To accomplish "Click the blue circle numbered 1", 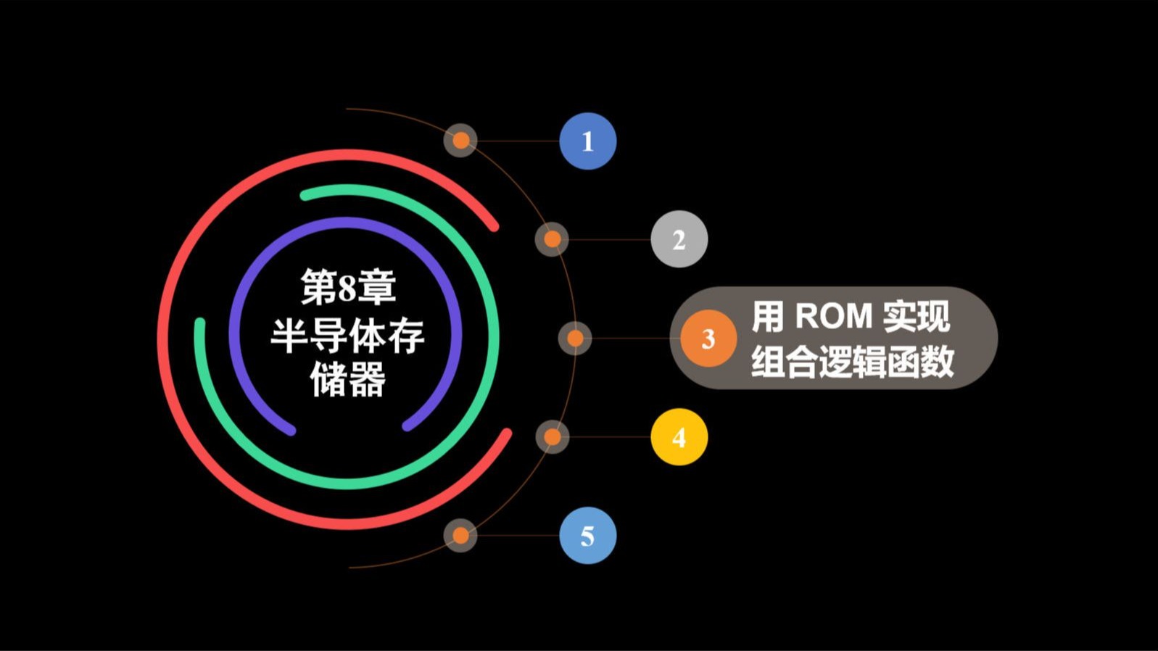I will point(587,141).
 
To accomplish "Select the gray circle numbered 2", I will point(679,239).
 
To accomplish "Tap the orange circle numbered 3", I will point(708,339).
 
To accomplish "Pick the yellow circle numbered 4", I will point(679,437).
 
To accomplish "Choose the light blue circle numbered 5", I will point(587,536).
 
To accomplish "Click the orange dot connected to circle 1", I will point(460,141).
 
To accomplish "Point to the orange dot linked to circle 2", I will point(552,239).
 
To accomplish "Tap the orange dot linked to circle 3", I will point(575,339).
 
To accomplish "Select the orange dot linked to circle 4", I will point(552,437).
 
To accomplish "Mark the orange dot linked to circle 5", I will point(460,536).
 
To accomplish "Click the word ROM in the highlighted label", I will point(833,316).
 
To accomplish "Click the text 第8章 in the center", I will point(348,287).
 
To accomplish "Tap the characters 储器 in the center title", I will point(348,379).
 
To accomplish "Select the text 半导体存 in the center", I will point(348,335).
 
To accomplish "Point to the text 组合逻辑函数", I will point(852,361).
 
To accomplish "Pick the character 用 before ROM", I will point(768,316).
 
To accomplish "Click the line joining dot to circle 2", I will point(609,239).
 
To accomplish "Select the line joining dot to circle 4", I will point(609,437).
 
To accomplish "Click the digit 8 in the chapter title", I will point(348,288).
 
